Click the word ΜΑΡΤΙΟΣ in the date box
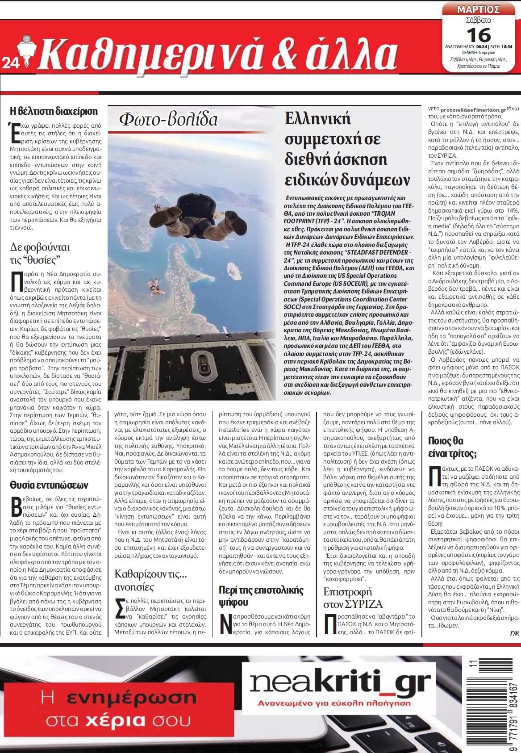coord(478,9)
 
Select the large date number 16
coord(478,34)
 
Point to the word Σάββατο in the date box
coord(478,20)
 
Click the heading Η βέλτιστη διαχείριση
coord(54,111)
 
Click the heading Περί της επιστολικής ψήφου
coord(261,596)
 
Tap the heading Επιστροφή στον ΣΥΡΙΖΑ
coord(353,598)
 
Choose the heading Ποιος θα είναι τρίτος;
coord(452,448)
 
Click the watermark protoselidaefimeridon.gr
coord(473,109)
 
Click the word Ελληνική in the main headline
coord(318,118)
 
